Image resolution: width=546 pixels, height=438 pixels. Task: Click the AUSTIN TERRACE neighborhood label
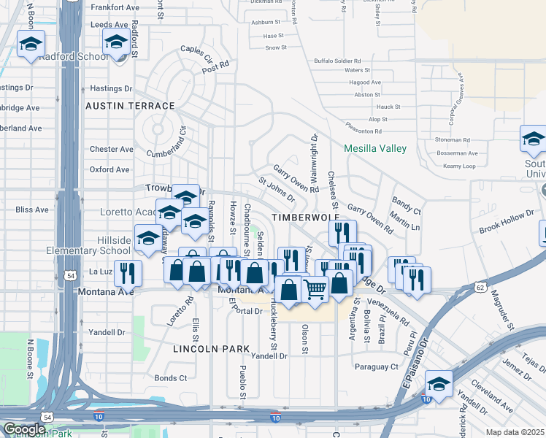click(130, 106)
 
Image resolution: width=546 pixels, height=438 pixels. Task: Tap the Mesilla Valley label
click(376, 148)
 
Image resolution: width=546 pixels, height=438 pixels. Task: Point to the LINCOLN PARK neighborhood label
click(212, 349)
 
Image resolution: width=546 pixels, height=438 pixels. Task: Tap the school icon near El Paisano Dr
click(439, 383)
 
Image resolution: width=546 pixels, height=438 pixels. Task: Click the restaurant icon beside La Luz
click(128, 272)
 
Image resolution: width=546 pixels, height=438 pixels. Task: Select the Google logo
click(24, 429)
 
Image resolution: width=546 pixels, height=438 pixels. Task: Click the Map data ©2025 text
click(515, 432)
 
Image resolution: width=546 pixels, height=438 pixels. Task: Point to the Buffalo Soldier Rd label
click(337, 61)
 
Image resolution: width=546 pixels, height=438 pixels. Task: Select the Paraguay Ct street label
click(376, 366)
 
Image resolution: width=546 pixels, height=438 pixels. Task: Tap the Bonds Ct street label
click(171, 378)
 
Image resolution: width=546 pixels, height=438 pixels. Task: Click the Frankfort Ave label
click(114, 7)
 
